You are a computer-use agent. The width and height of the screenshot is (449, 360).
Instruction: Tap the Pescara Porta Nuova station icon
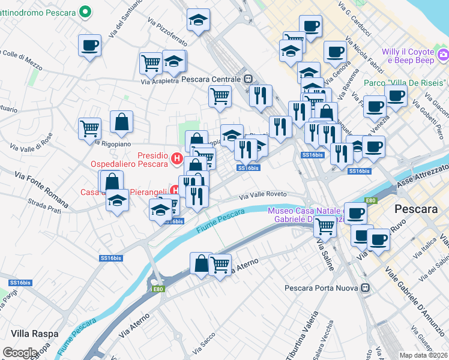(364, 287)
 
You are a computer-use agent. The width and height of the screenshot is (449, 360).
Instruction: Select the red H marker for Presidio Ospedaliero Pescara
(177, 159)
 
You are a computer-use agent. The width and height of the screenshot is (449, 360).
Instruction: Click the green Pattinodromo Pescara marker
(86, 11)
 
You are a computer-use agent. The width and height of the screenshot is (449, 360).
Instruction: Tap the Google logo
(20, 353)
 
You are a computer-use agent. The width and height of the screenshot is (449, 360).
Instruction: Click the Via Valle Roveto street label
(264, 195)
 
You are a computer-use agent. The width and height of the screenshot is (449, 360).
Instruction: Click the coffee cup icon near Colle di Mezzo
(89, 46)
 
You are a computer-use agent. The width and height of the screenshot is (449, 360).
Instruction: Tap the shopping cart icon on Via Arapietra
(151, 62)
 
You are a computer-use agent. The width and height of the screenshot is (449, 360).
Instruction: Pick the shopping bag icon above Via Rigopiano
(121, 122)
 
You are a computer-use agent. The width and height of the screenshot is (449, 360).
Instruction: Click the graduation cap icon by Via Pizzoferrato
(198, 20)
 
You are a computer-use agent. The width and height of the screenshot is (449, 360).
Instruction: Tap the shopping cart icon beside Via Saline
(325, 227)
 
